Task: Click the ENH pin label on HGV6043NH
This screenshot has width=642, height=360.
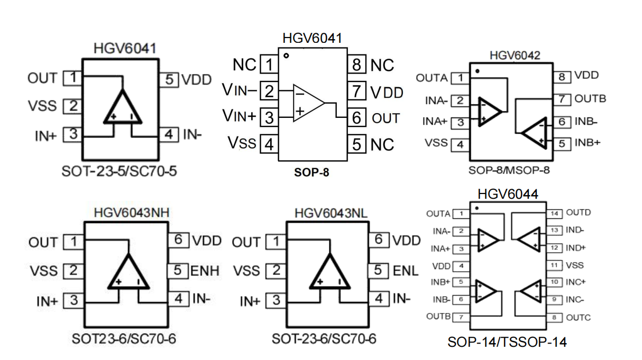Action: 205,271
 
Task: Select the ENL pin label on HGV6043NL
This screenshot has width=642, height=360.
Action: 406,271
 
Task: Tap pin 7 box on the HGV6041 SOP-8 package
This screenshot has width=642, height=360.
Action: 356,91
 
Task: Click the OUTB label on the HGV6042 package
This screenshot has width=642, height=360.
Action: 590,98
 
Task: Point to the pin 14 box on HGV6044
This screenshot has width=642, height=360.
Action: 554,214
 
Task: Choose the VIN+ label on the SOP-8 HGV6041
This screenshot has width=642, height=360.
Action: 240,116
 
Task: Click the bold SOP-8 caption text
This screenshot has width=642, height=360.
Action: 311,172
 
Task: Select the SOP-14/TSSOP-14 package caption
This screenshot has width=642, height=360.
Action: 507,342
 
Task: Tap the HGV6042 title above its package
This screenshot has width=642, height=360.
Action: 515,56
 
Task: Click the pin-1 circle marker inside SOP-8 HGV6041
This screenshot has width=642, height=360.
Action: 286,56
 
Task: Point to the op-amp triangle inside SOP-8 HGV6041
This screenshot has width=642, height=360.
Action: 309,103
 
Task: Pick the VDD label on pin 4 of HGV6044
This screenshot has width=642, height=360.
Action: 442,266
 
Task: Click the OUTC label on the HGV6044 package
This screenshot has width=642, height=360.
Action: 579,318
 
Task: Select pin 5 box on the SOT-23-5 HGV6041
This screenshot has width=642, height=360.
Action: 169,80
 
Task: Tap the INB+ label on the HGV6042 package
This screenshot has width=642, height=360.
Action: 588,143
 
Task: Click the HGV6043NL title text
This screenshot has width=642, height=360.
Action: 331,214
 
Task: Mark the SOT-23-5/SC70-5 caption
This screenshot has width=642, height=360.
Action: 119,171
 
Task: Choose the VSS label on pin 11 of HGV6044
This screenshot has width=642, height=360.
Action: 575,265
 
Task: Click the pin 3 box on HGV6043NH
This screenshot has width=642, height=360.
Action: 74,300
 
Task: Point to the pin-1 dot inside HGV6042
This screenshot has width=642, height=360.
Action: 477,71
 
